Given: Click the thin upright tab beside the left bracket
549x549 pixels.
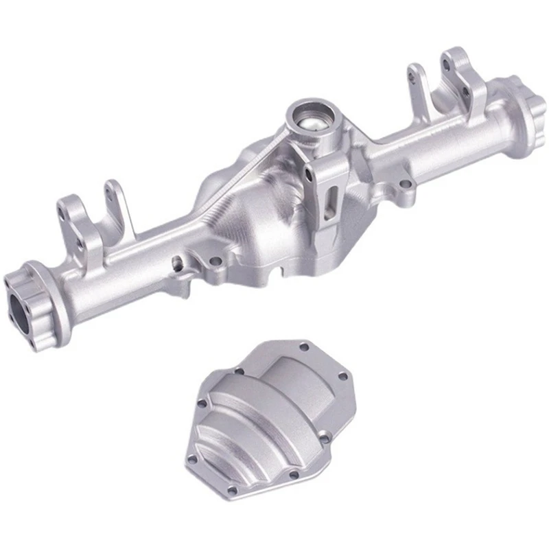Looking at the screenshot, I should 113,199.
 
